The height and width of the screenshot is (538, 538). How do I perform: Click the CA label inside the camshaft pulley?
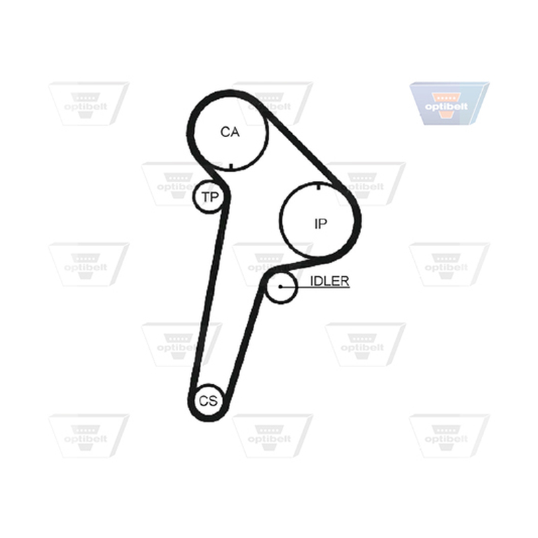coord(230,132)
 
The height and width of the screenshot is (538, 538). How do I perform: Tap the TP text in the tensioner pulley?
coord(210,197)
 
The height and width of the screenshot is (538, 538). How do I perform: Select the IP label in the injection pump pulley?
coord(321,224)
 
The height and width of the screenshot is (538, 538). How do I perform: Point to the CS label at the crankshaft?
coord(208,400)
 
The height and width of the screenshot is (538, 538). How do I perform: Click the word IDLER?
coord(330,280)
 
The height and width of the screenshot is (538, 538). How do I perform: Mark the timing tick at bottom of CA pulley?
coord(231,167)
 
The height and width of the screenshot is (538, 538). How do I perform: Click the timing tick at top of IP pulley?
coord(319,186)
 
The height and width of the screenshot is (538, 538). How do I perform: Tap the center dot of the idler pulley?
coord(280,286)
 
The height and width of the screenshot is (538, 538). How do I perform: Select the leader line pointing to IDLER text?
coord(315,286)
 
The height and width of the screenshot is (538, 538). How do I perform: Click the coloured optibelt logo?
coord(449,103)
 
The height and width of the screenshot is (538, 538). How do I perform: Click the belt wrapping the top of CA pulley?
coord(227,93)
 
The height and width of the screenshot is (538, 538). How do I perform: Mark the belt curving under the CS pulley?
coord(208,418)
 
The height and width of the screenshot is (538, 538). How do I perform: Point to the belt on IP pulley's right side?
coord(358,220)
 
